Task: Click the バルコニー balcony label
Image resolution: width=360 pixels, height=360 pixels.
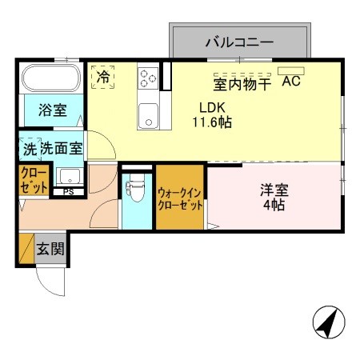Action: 239,42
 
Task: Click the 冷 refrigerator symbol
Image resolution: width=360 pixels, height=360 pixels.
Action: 103,77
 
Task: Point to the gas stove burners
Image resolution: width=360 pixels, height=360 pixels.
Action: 148,78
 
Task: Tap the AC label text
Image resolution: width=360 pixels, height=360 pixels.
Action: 290,82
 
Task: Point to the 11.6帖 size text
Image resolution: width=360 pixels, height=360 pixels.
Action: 214,122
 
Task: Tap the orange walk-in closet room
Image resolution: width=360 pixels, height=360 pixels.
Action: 180,196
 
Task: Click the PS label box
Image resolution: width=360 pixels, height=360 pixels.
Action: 68,191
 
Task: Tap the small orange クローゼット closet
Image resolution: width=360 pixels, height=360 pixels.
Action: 34,178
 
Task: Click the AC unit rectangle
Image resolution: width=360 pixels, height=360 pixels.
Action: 291,70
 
